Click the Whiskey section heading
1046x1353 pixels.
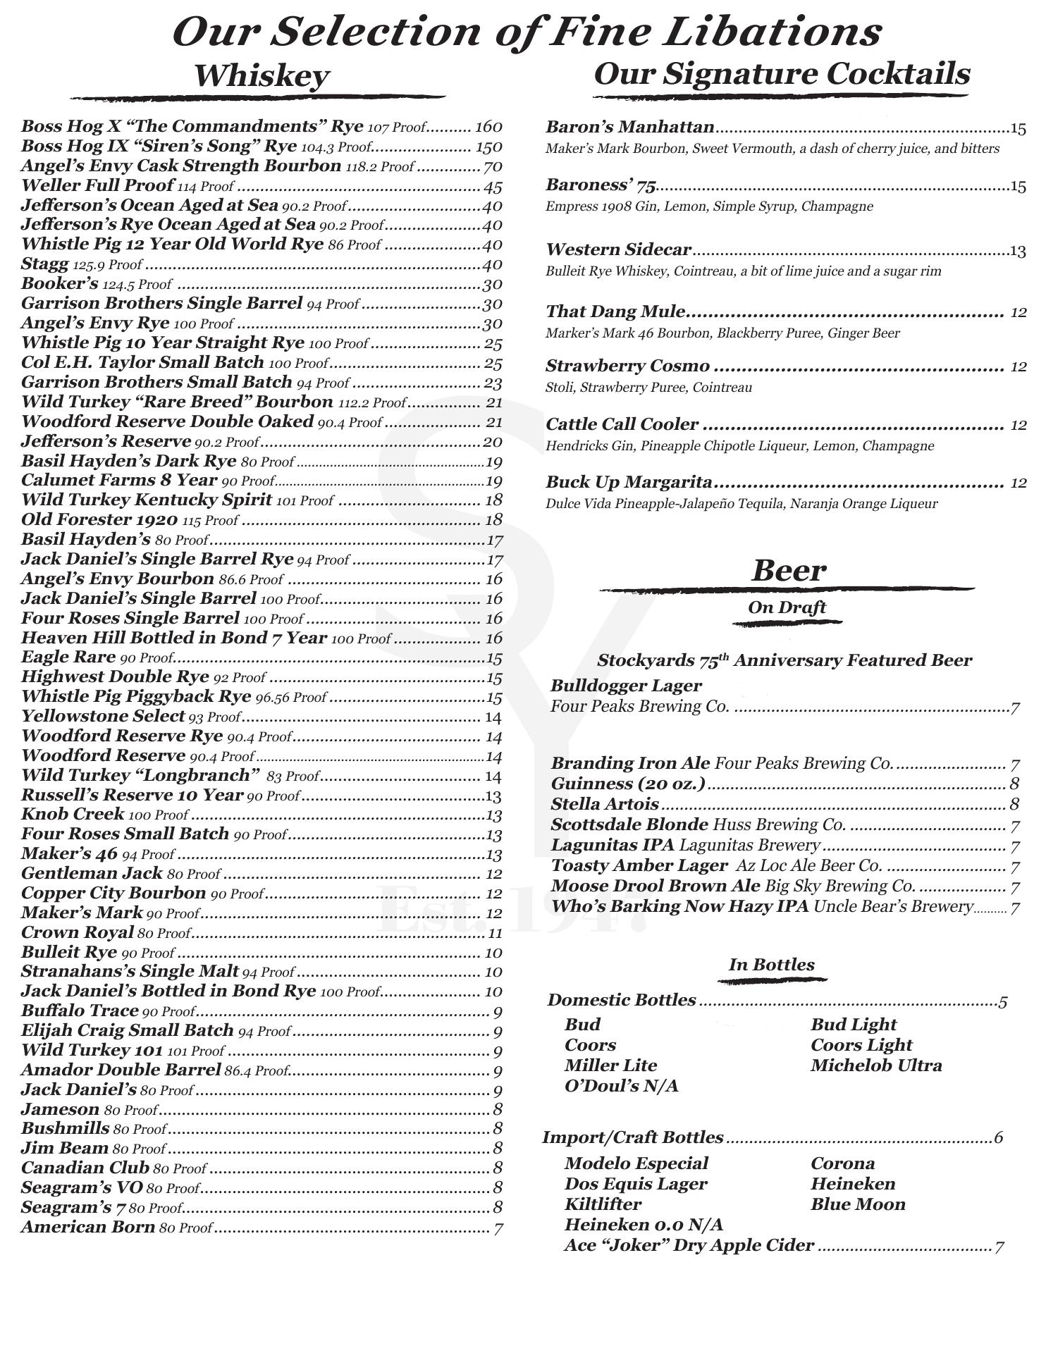[261, 76]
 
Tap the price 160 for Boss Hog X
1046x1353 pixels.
[488, 127]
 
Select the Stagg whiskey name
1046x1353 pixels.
[45, 264]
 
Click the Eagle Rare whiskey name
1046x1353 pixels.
[68, 657]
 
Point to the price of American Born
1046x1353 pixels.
[498, 1228]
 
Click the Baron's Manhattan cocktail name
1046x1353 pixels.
[630, 127]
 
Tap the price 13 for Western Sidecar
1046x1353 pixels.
[1017, 251]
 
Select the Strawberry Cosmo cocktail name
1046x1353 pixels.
[627, 366]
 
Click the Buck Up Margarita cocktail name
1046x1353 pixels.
[629, 482]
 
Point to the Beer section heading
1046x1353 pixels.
[788, 570]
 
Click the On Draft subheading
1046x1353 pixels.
[787, 607]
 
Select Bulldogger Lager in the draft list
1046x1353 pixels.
[626, 685]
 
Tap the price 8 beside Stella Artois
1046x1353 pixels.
[1014, 804]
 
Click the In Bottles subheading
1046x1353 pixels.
[771, 965]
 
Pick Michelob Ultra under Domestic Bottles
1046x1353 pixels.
[876, 1065]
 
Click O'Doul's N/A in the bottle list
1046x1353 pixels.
[621, 1085]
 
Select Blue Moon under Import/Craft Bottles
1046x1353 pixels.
[858, 1204]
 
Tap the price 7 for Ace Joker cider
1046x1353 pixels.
[999, 1247]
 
